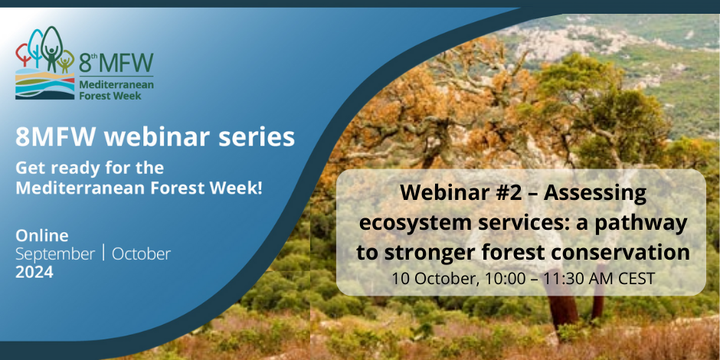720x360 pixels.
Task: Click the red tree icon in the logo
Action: tap(22, 54)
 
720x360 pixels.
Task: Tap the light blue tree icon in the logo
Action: tap(36, 48)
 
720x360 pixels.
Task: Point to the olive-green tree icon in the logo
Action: tap(67, 61)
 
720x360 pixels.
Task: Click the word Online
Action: tap(42, 236)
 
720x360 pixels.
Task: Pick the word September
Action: tap(55, 254)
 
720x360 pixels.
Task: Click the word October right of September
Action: tap(141, 254)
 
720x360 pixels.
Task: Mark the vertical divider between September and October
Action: tap(103, 253)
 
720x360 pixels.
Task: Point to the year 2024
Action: tap(34, 272)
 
